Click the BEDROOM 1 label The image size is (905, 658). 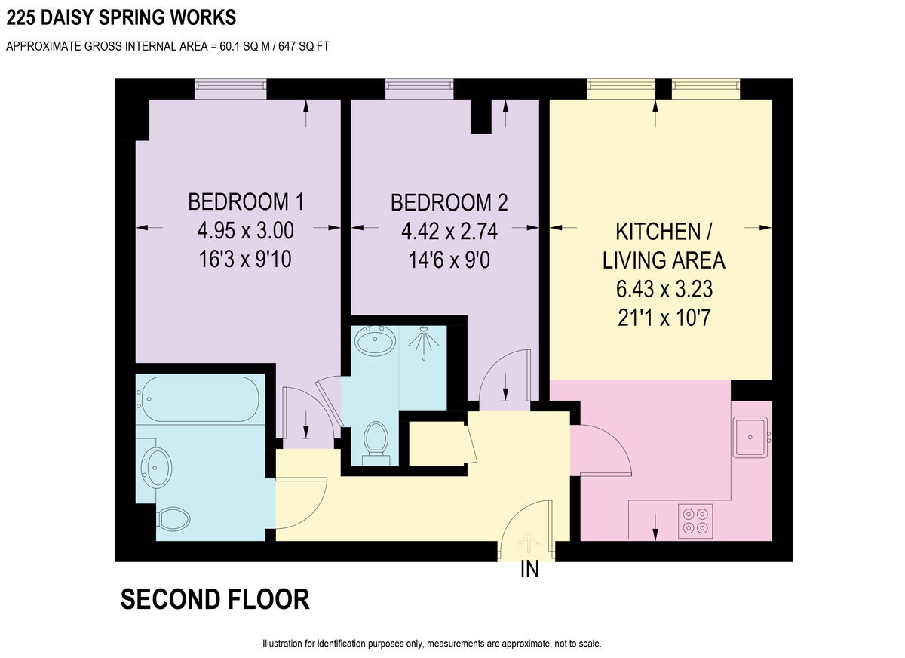click(x=246, y=201)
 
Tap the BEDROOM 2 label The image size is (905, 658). click(x=449, y=202)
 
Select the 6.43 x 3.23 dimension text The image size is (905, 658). click(x=664, y=290)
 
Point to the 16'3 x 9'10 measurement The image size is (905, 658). click(x=245, y=259)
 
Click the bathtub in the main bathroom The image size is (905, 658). click(x=198, y=399)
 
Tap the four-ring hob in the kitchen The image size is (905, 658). click(x=695, y=521)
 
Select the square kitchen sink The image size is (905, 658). click(x=750, y=438)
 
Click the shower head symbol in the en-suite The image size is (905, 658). click(x=423, y=343)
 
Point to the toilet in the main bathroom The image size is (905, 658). click(x=173, y=519)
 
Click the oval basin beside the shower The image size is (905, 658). click(x=375, y=341)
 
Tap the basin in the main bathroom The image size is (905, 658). click(x=156, y=468)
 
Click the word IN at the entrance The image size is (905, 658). click(x=529, y=570)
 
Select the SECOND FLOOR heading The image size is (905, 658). click(x=215, y=599)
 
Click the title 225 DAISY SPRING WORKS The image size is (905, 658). click(x=121, y=18)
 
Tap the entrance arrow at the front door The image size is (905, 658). click(x=529, y=543)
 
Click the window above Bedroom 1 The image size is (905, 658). click(x=231, y=89)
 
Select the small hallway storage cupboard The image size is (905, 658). click(x=438, y=444)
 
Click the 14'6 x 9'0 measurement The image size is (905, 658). click(x=449, y=260)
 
